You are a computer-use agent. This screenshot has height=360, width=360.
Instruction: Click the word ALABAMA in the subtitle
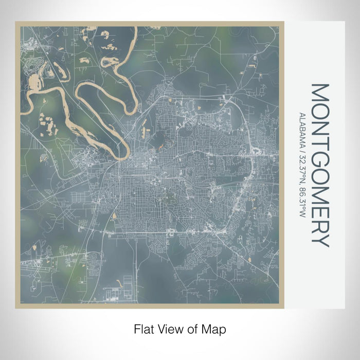302,128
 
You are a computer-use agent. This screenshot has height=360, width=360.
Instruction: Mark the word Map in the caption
214,328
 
